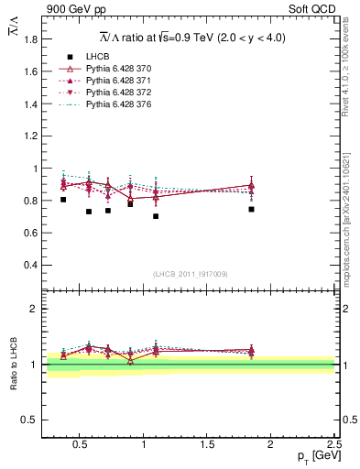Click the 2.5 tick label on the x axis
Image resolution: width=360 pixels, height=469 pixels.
pyautogui.click(x=334, y=446)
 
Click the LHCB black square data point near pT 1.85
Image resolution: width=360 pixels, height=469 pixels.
pyautogui.click(x=251, y=209)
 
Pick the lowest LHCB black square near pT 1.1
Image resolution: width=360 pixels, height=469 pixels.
pyautogui.click(x=156, y=216)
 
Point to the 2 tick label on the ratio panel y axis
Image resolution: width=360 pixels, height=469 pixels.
pyautogui.click(x=34, y=310)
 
